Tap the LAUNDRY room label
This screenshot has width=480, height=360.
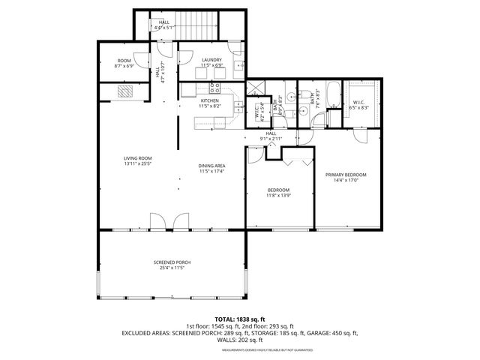(211, 59)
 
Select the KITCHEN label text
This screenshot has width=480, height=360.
(208, 100)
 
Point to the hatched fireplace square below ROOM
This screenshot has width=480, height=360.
(125, 91)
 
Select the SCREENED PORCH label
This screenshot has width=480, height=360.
(172, 262)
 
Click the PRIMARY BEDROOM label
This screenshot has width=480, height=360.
(346, 175)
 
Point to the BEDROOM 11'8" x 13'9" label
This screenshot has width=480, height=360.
(278, 190)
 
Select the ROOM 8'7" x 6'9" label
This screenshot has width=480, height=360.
(124, 60)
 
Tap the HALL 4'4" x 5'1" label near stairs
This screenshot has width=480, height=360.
(163, 22)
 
